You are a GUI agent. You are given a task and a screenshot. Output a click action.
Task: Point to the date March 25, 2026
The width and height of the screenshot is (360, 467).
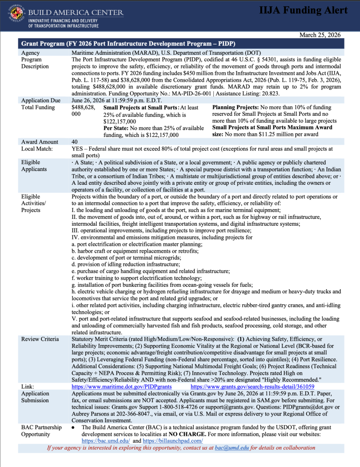click(320, 35)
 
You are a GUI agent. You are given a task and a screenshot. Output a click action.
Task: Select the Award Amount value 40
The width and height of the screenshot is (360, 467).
click(75, 142)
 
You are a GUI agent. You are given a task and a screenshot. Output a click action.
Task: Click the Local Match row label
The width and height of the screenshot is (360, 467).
click(37, 149)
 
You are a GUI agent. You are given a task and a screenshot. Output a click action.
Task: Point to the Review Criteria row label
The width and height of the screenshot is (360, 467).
click(40, 339)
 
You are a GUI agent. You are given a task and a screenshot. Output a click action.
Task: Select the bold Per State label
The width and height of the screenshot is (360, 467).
click(116, 128)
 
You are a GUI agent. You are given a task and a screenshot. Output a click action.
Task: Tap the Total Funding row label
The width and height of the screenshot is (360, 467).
click(38, 107)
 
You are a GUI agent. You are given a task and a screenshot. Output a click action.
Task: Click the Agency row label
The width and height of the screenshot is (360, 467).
click(31, 53)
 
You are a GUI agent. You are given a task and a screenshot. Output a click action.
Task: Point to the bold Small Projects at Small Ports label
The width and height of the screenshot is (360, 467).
click(135, 108)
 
